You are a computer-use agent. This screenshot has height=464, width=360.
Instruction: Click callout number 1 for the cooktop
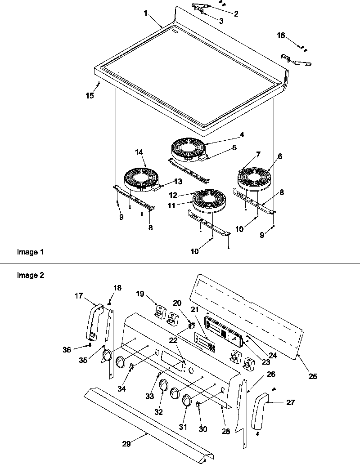click(145, 13)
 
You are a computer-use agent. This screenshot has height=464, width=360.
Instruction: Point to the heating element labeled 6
click(252, 178)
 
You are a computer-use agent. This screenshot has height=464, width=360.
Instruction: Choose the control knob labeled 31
click(187, 401)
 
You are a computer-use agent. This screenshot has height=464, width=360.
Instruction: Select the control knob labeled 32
click(163, 386)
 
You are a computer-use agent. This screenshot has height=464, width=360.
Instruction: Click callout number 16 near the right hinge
click(281, 36)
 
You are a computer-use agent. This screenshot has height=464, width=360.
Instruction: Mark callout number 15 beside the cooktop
click(90, 95)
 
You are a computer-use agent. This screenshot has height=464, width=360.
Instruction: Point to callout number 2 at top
click(236, 14)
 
